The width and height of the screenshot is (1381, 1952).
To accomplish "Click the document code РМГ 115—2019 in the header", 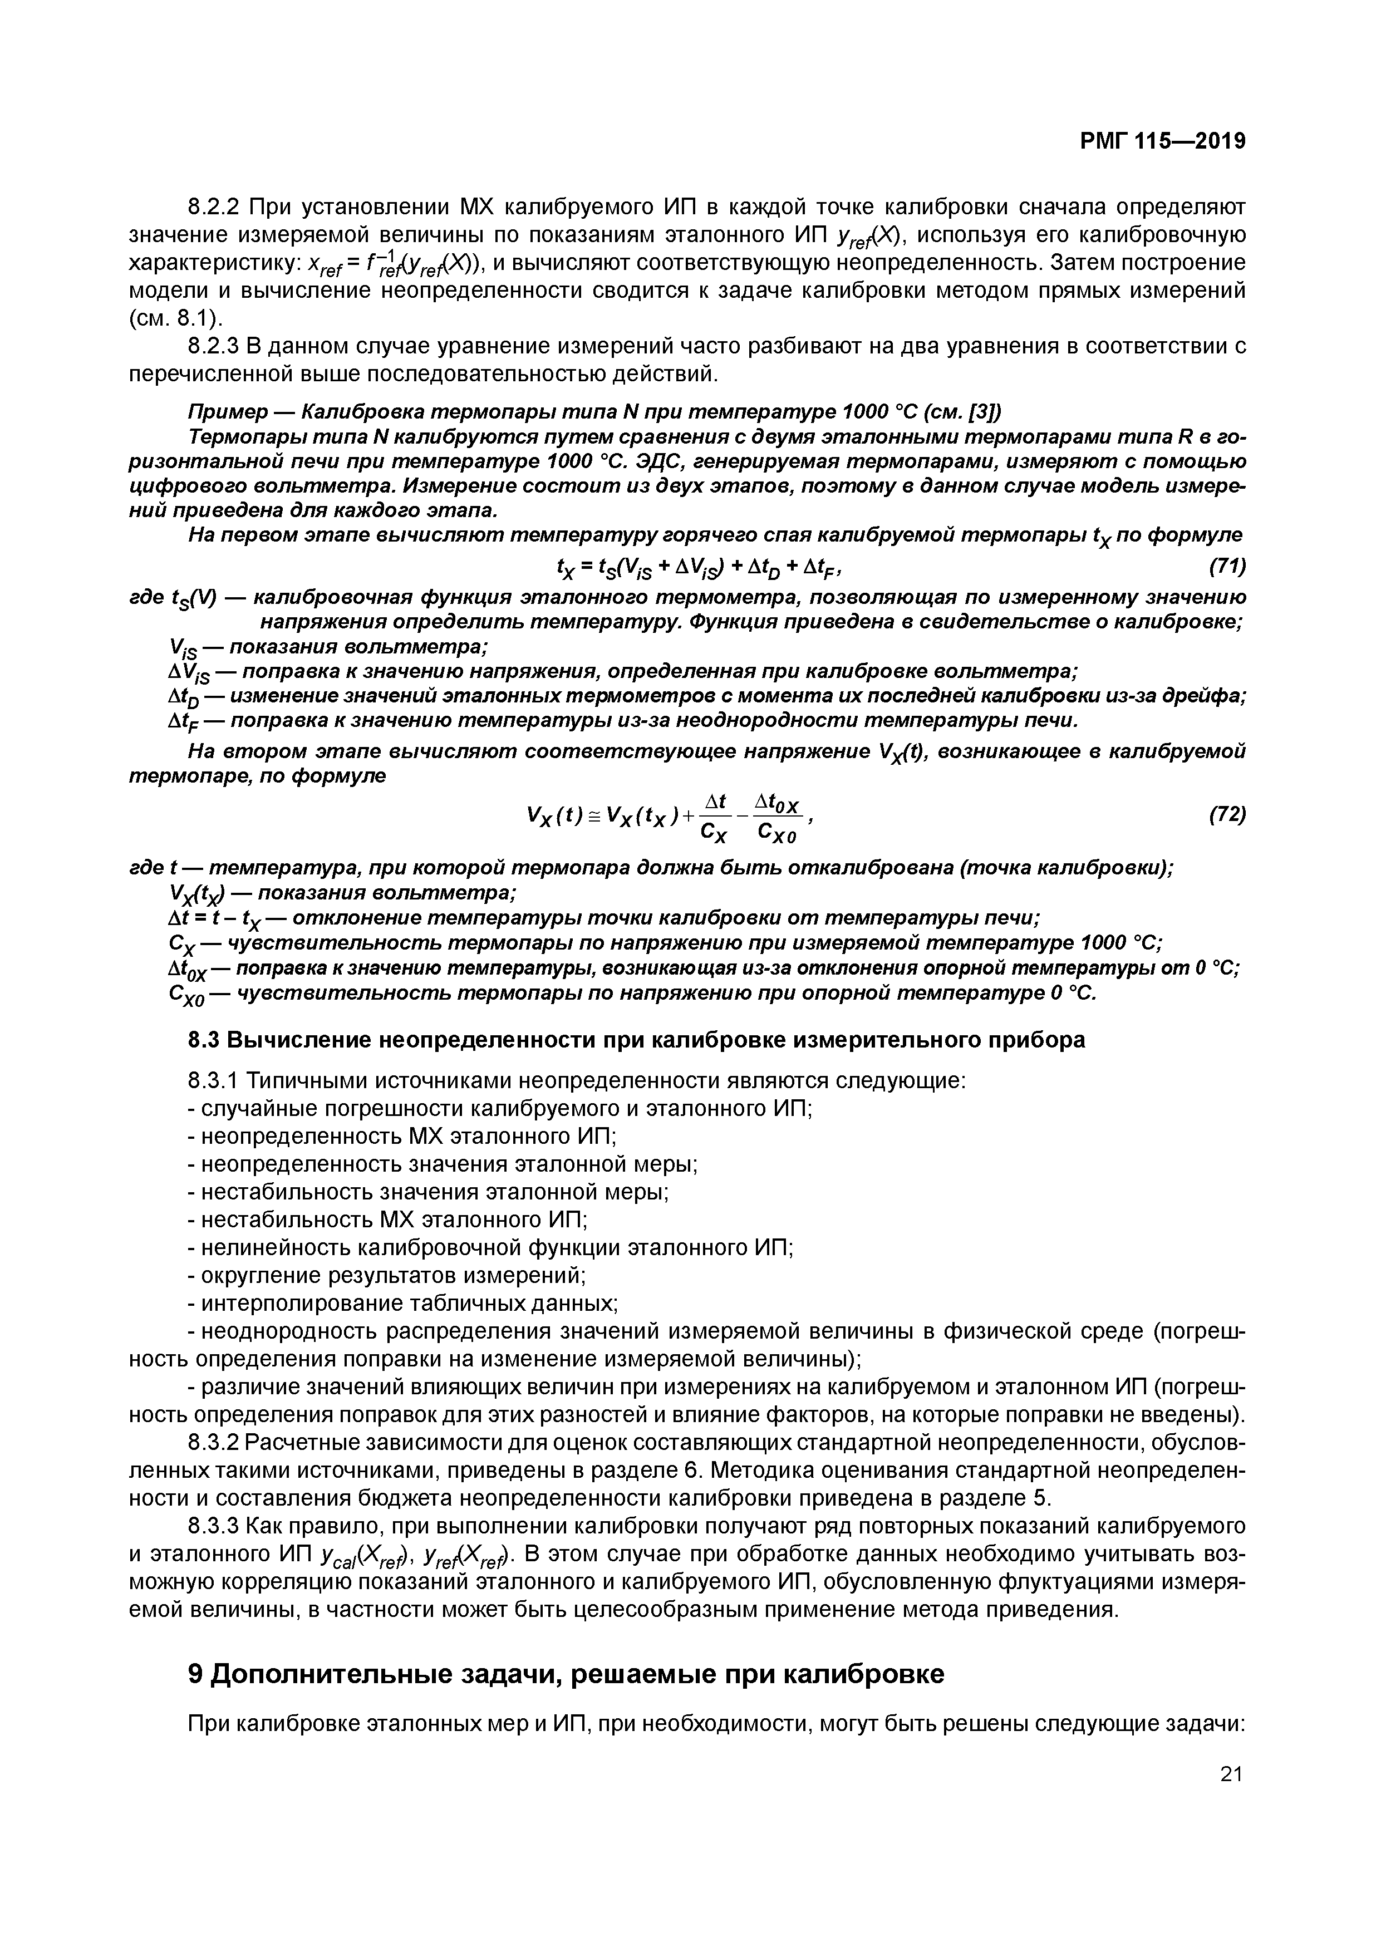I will tap(1162, 142).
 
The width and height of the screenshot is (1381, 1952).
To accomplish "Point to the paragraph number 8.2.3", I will tap(216, 346).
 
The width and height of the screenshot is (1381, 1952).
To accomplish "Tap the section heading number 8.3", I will tap(203, 1040).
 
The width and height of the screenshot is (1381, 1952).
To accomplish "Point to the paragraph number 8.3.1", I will tap(216, 1080).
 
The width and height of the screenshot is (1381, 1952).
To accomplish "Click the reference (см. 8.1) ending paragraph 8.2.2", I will tap(176, 319).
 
